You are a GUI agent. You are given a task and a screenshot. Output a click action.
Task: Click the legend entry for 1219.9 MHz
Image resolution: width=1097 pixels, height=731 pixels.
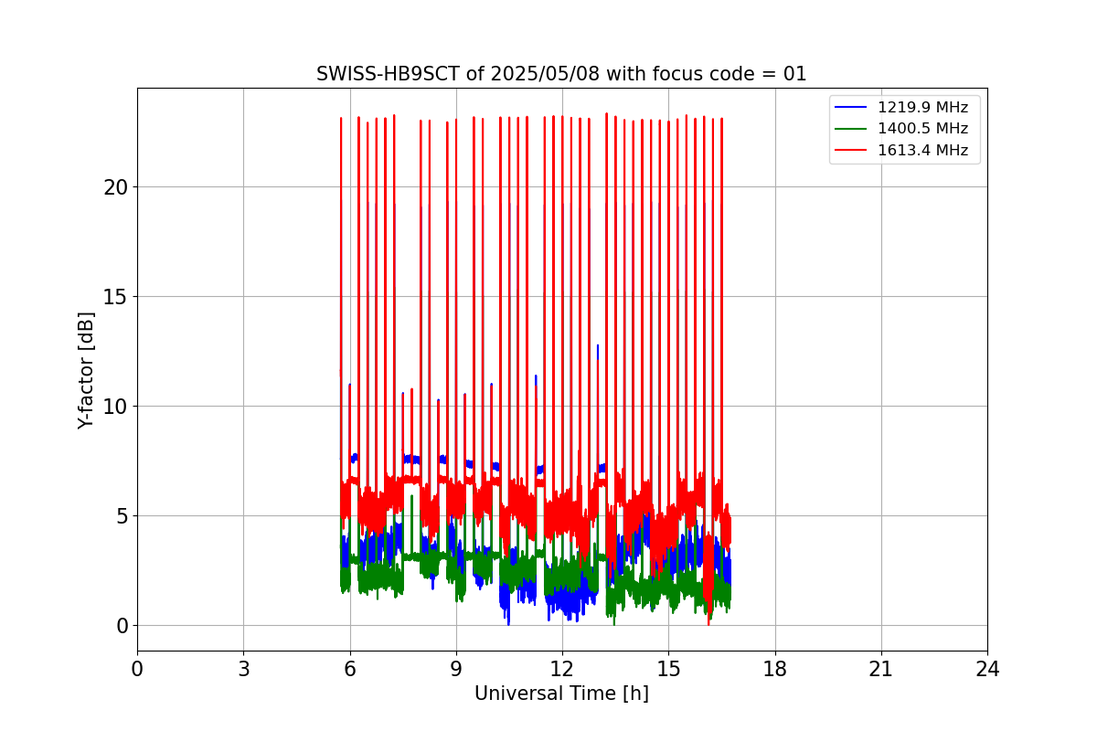click(x=922, y=108)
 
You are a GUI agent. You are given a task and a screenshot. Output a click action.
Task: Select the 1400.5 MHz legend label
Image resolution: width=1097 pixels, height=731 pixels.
click(x=922, y=129)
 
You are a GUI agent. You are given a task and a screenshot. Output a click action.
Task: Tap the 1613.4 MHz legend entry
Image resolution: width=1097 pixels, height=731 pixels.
click(x=922, y=150)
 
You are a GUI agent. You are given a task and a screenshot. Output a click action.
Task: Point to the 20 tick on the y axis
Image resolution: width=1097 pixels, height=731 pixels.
click(x=115, y=186)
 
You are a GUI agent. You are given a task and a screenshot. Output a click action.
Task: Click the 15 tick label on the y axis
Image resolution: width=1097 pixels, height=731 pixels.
click(x=115, y=296)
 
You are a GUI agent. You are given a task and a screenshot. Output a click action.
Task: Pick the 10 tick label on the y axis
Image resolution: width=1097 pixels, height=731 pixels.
click(x=115, y=406)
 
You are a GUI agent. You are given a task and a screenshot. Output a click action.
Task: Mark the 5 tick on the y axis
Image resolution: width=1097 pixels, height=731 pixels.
click(x=121, y=515)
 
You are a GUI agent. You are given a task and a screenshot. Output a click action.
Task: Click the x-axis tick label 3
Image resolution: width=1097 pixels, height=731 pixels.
click(x=243, y=670)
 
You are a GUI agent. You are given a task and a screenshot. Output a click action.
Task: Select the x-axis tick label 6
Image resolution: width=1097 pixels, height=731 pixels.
click(x=349, y=670)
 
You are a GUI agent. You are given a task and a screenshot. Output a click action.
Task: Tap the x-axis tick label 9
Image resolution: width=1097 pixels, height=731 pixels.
click(x=456, y=670)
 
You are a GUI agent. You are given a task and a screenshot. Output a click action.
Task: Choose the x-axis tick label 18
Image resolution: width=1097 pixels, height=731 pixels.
click(x=774, y=670)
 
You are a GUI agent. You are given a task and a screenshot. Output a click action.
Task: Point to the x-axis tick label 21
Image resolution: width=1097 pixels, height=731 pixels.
click(x=881, y=670)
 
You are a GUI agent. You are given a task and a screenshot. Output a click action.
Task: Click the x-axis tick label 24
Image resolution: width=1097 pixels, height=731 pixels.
click(x=987, y=670)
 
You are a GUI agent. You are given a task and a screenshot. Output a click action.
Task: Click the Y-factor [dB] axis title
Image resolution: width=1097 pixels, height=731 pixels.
click(x=86, y=370)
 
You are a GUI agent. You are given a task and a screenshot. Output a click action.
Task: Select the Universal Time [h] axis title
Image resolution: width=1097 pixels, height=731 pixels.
click(x=561, y=694)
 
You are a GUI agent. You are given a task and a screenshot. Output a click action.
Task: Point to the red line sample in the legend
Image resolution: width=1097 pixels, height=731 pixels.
click(x=852, y=150)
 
